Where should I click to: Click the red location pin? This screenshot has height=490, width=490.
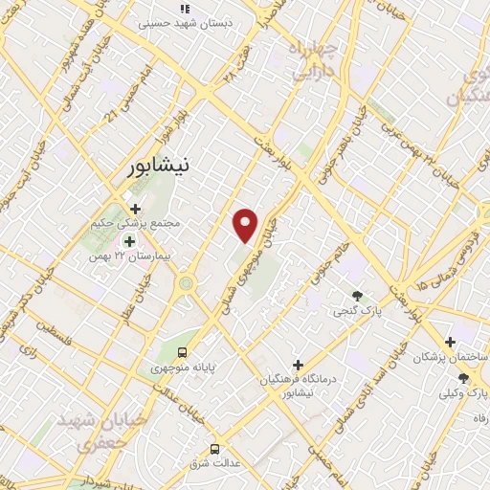coord(247,225)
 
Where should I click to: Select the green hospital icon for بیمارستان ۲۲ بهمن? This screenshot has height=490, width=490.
coord(128,241)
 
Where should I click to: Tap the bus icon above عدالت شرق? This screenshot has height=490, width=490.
coord(214,448)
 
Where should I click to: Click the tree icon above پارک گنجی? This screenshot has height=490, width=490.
coord(358,297)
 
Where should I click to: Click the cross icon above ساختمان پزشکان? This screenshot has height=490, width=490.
coord(450,342)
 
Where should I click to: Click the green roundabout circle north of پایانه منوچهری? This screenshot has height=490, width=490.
coord(186,282)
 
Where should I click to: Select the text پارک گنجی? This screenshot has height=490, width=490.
coord(350,312)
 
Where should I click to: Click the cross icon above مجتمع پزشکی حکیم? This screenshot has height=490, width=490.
coord(135,209)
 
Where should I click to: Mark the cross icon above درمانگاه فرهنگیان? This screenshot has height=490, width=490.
coord(299,366)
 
